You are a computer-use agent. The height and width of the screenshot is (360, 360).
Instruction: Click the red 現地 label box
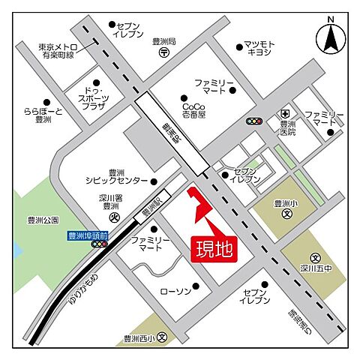pos(215,247)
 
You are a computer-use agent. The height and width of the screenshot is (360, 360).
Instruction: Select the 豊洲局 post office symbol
pos(163,54)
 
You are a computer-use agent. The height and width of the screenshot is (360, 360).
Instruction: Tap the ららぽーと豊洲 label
pos(37,115)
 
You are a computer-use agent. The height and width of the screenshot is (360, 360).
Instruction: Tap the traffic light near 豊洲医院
pos(256,121)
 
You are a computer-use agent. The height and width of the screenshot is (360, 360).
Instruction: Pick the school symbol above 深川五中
pos(316,256)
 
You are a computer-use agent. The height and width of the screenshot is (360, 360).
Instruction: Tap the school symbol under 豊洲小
pos(286,214)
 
